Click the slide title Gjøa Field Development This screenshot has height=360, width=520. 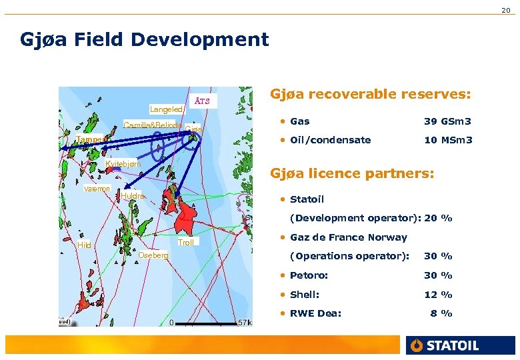145,39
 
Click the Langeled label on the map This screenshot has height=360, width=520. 166,109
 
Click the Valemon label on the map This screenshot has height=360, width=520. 97,189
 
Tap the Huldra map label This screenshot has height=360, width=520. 132,196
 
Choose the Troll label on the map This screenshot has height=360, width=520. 186,243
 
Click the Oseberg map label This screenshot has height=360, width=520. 153,255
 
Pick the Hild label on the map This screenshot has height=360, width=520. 84,245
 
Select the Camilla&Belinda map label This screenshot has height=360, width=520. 153,125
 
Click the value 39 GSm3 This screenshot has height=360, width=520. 447,121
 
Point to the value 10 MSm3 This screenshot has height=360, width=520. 448,140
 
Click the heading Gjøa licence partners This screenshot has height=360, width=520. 351,174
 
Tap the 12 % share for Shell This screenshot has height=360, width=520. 438,295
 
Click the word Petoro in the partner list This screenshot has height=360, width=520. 309,275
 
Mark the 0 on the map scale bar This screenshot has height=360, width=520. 171,323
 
